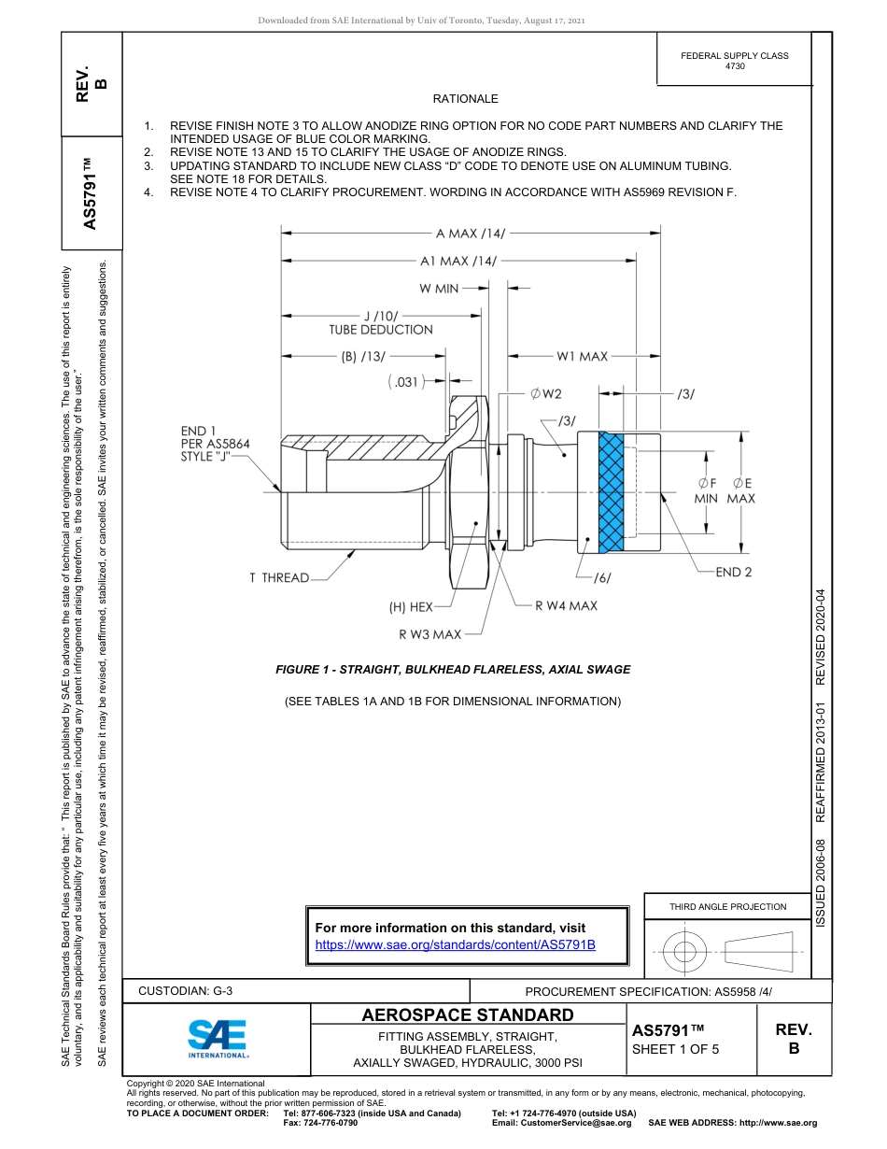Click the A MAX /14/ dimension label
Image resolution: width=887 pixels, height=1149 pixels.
(470, 233)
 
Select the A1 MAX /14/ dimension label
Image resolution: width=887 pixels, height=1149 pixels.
(458, 262)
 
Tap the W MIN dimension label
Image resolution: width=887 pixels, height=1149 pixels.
(439, 289)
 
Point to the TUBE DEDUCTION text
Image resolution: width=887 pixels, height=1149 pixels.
(380, 330)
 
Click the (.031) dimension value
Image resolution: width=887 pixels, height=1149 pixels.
(405, 381)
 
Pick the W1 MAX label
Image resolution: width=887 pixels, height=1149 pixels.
(582, 356)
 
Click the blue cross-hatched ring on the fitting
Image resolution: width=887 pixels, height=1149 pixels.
(611, 492)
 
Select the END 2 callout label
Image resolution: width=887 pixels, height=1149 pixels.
(733, 572)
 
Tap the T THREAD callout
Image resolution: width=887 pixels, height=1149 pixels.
(278, 577)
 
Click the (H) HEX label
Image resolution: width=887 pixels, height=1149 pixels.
(411, 606)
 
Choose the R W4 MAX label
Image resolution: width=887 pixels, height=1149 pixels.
(566, 605)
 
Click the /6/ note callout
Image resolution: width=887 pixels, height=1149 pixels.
(601, 577)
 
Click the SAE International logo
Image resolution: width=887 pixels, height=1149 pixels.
(218, 1037)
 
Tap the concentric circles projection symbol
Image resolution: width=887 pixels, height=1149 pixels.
(685, 952)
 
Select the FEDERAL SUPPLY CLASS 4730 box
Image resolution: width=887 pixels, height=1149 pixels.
(734, 61)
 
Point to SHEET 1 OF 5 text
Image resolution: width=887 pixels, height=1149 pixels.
(675, 1049)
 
